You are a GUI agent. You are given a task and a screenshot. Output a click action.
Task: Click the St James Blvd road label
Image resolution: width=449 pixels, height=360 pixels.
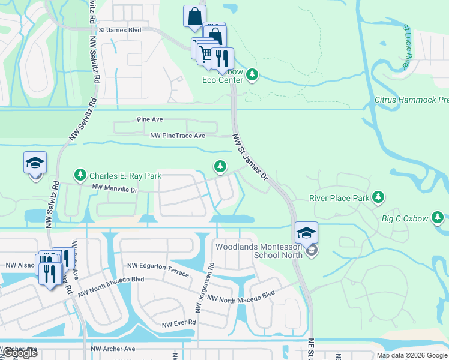[x=119, y=29]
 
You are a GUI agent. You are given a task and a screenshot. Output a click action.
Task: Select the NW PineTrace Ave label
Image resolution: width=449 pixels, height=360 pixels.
[x=178, y=136]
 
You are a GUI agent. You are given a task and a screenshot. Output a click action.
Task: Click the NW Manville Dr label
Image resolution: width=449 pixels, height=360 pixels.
[x=114, y=190]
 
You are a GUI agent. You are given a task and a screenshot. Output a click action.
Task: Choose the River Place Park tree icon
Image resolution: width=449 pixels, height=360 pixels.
[x=378, y=196]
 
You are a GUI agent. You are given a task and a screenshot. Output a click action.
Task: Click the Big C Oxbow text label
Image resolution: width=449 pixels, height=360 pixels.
[x=405, y=218]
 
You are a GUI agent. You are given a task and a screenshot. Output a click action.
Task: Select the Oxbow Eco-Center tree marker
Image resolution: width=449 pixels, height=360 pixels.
[x=253, y=75]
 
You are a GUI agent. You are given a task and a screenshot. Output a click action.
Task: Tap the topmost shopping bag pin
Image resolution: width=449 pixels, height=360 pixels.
[x=195, y=17]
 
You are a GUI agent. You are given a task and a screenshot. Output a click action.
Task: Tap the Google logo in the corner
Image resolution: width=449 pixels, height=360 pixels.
[x=20, y=353]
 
